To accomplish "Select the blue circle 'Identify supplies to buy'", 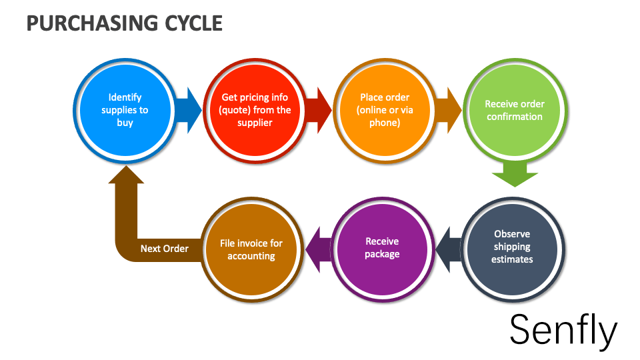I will (125, 110).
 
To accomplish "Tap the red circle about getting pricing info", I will (255, 110).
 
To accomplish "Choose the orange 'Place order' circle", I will (385, 110).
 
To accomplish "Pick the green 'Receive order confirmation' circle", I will (514, 110).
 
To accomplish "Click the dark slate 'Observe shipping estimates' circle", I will (512, 247).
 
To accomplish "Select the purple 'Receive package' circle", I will (382, 247).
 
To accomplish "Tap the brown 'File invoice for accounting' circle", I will (251, 249).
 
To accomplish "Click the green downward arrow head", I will (515, 176).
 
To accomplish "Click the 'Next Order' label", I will (164, 249).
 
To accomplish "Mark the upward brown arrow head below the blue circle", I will (126, 175).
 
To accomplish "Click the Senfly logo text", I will (563, 329).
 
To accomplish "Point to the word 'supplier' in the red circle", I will (255, 123).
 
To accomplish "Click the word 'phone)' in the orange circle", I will (385, 123).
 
